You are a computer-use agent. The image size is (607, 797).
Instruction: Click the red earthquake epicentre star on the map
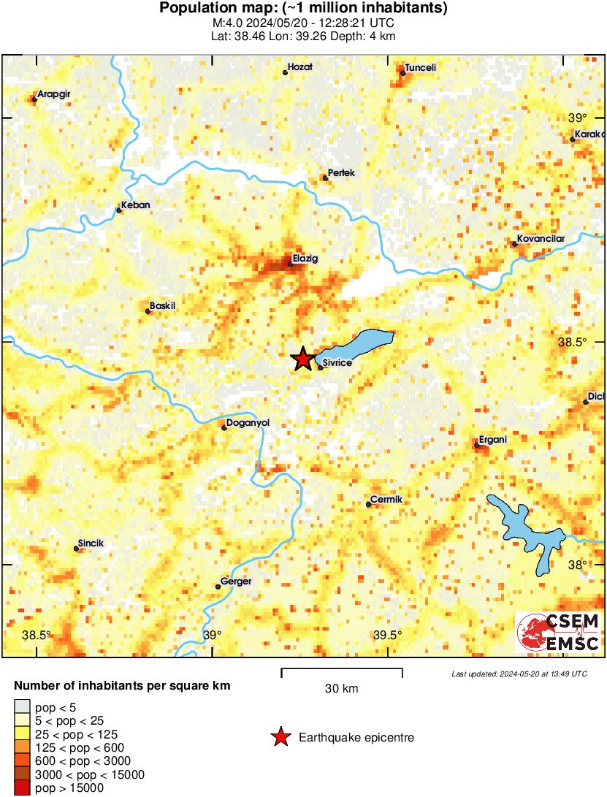pos(302,359)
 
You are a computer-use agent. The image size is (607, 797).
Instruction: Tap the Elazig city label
pos(305,258)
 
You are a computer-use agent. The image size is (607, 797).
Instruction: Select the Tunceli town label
pos(420,67)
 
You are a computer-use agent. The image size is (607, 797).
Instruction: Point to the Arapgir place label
pos(53,94)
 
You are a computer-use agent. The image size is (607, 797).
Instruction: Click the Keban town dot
pos(119,210)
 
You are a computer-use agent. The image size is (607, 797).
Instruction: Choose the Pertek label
pos(341,172)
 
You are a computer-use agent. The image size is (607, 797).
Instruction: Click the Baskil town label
pos(163,305)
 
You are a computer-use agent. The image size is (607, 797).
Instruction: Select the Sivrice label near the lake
pos(337,362)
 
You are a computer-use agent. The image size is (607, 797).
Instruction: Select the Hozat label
pos(300,66)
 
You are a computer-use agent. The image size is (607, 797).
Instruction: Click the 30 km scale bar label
pos(341,689)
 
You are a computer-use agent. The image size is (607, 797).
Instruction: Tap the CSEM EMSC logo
pos(559,633)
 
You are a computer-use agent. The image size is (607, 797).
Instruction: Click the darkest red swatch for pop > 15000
pos(23,788)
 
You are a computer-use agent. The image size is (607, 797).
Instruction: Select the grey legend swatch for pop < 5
pos(23,706)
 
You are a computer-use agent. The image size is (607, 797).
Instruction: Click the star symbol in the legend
pos(280,738)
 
